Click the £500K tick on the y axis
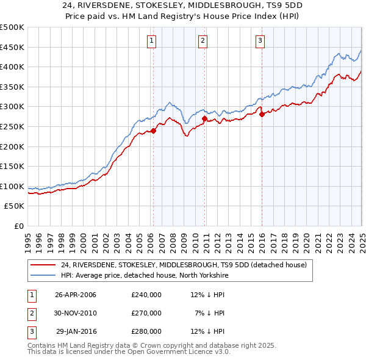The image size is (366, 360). coord(12,27)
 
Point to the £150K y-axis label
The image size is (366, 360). coord(12,167)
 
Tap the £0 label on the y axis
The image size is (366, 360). coord(19,226)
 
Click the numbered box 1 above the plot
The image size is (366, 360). coord(151,41)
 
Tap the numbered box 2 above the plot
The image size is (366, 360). coord(203,41)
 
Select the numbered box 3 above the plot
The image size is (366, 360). coord(260,41)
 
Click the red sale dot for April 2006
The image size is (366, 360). coord(154,130)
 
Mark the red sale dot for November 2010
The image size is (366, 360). coord(204,118)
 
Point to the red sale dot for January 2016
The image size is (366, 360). coord(262,114)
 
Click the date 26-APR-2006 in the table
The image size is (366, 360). coord(76,295)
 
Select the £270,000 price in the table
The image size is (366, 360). coord(146,313)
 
